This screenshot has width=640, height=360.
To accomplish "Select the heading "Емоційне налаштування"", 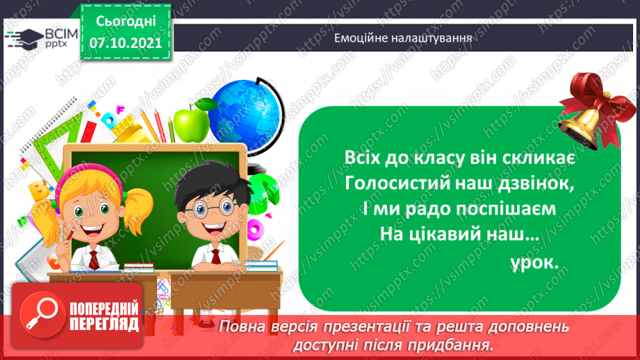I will (x=403, y=38).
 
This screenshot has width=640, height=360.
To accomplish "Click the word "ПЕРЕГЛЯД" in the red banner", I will (x=105, y=323).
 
